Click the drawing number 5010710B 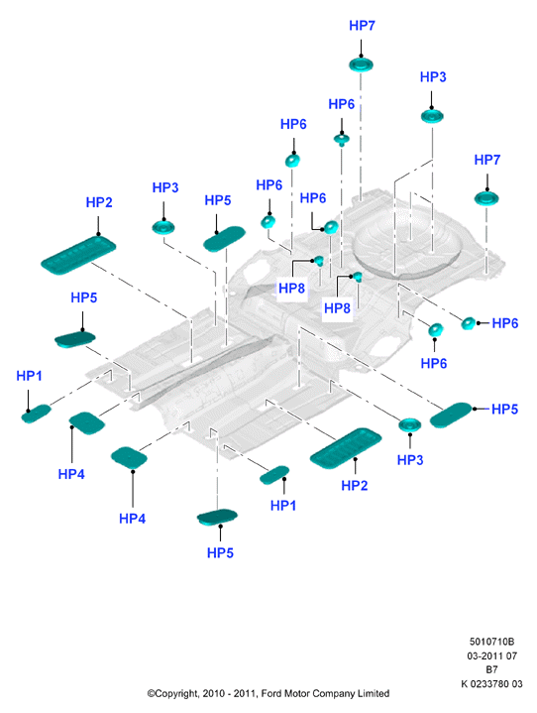491,642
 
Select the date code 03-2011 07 491,655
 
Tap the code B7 491,669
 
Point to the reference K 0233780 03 491,683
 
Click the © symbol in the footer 151,693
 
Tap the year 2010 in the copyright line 213,693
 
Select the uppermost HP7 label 362,26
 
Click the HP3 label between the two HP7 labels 433,76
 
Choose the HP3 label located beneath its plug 410,460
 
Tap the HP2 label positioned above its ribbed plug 99,202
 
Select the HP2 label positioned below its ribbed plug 355,486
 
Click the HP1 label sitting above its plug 29,376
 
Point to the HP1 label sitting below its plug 283,505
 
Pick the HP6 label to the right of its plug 504,323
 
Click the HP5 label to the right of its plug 504,409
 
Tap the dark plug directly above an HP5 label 217,517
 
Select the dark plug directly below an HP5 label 75,339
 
